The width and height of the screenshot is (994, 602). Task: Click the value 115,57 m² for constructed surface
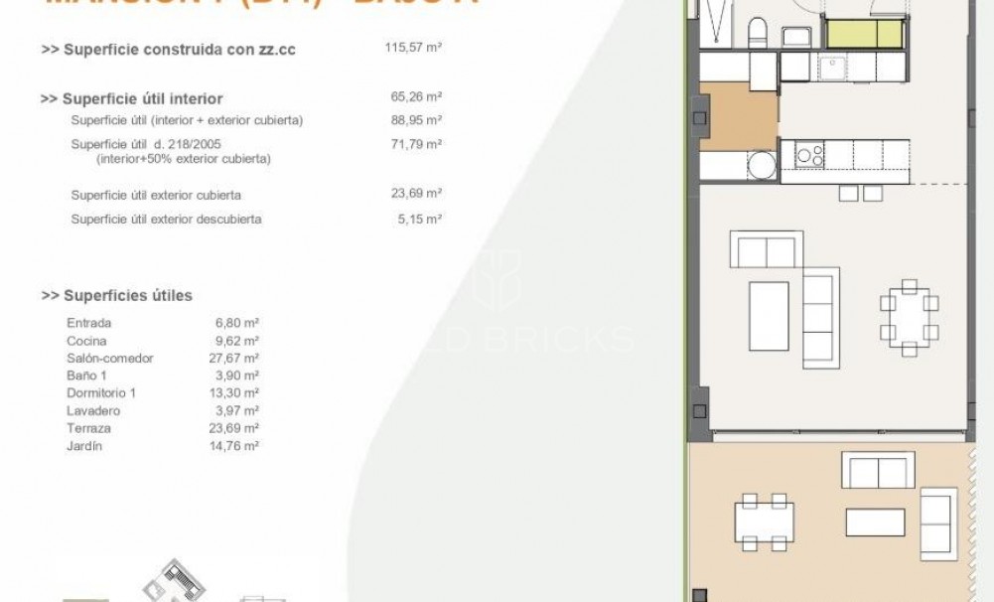(412, 48)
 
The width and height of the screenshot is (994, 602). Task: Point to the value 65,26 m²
(417, 97)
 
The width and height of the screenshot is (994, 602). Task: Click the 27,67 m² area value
(238, 358)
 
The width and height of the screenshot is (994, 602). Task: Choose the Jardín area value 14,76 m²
(238, 447)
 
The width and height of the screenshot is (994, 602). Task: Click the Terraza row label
(88, 429)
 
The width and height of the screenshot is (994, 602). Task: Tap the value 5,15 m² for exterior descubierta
(420, 219)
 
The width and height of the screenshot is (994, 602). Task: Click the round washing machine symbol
(761, 165)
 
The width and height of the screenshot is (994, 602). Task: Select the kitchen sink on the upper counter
(831, 68)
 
